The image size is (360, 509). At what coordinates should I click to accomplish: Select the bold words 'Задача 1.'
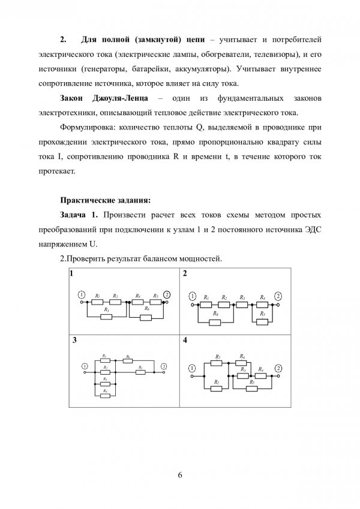(x=81, y=214)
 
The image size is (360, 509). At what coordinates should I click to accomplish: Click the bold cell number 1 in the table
(x=71, y=273)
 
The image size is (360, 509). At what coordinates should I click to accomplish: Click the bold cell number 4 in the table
(x=185, y=341)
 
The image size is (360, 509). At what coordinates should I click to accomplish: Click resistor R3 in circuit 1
(x=106, y=315)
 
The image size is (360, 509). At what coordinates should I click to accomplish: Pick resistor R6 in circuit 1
(x=148, y=315)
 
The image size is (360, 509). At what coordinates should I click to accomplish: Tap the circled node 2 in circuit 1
(x=167, y=294)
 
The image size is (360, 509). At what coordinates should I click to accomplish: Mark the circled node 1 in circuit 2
(x=192, y=296)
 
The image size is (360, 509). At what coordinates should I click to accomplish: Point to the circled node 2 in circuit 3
(x=163, y=366)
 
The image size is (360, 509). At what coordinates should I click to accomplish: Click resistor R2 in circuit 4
(x=217, y=388)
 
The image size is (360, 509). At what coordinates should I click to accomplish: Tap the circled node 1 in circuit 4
(x=192, y=368)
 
